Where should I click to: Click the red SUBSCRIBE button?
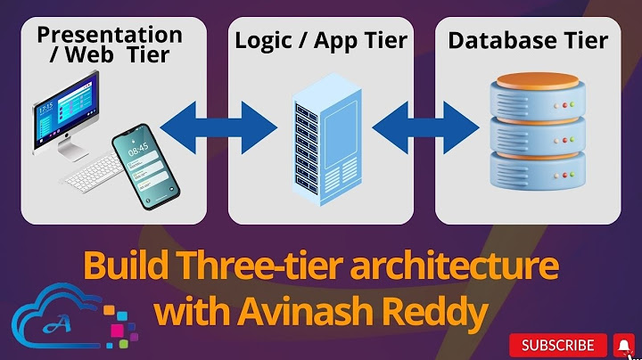[559, 345]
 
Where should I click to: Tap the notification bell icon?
[624, 345]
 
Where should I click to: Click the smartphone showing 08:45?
[145, 167]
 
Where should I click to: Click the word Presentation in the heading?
[110, 35]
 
